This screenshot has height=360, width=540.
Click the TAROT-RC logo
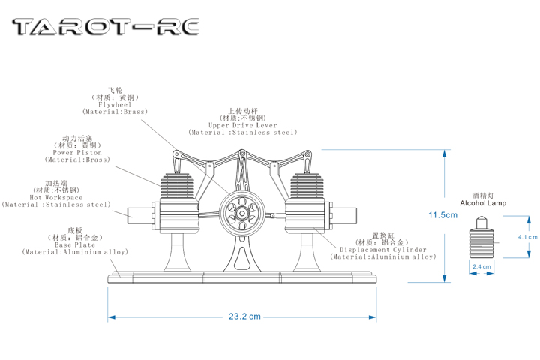[x=106, y=28]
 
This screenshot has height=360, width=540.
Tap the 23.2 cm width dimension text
[x=244, y=316]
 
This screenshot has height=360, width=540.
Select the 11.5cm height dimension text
[x=442, y=215]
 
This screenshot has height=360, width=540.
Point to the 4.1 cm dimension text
[x=528, y=237]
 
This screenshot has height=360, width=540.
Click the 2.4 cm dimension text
[x=481, y=266]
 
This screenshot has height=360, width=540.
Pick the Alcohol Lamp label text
[x=483, y=203]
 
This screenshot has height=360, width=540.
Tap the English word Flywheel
[x=115, y=104]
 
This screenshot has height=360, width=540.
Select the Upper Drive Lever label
[x=243, y=126]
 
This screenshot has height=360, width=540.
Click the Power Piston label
[x=77, y=152]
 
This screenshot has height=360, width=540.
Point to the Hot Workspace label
[x=56, y=197]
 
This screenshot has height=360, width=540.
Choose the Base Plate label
[x=75, y=244]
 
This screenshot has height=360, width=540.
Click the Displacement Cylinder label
[x=382, y=249]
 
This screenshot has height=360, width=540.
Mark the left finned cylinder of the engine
[x=177, y=187]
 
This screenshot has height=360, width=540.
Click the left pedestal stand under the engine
[x=178, y=252]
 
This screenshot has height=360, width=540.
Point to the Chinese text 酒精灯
[x=483, y=195]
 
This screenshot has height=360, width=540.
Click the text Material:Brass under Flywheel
[x=115, y=112]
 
